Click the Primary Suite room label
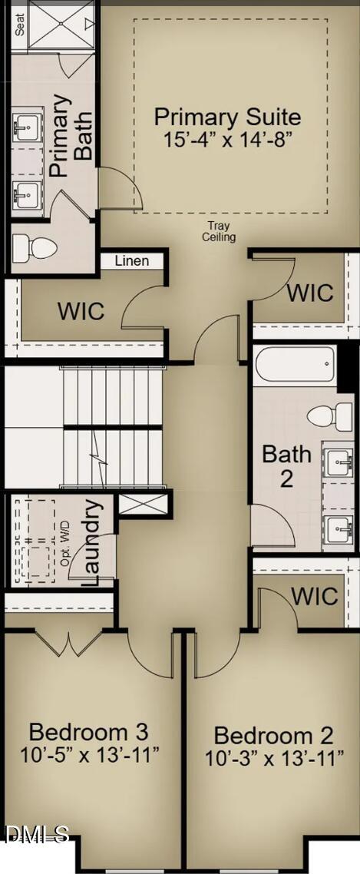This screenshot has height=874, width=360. coord(227,118)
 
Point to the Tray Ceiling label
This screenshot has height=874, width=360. coord(219,231)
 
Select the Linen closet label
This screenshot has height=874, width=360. coord(132,261)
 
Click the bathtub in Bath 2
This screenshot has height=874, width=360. coord(296,364)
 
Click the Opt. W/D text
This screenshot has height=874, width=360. coord(65,545)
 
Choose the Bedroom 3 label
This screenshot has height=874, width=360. coord(88,730)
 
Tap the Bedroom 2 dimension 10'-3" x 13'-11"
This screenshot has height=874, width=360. coord(273,759)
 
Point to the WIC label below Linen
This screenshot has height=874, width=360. coord(81,311)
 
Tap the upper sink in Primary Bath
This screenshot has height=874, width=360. coord(28,125)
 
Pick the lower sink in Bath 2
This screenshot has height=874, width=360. coord(338,528)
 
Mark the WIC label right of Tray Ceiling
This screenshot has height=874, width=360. coord(310,293)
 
